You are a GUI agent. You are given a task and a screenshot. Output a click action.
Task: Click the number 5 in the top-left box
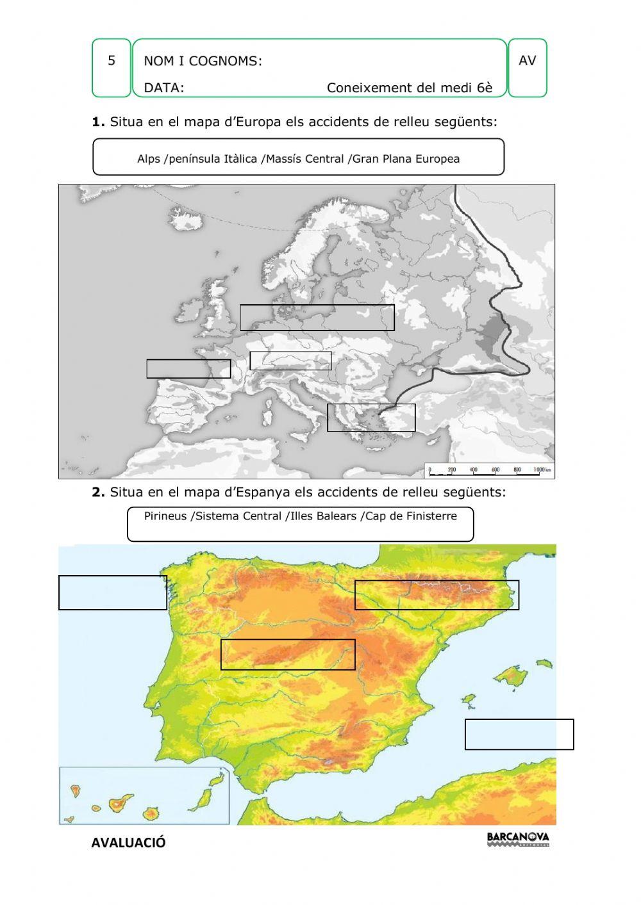(x=112, y=61)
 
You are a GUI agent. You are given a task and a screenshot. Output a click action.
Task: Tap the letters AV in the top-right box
(x=527, y=61)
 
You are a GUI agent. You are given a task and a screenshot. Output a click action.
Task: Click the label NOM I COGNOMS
(x=203, y=61)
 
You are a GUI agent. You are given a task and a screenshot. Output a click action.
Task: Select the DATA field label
(x=163, y=88)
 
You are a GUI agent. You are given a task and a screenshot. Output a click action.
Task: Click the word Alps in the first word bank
(x=149, y=159)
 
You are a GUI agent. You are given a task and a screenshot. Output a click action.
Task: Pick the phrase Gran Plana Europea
(x=406, y=159)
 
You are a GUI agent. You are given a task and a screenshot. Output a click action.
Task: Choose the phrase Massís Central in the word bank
(x=304, y=159)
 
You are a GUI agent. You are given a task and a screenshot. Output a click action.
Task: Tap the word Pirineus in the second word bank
(x=165, y=516)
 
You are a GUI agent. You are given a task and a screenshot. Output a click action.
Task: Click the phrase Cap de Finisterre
(x=411, y=516)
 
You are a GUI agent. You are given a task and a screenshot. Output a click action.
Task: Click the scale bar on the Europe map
(x=490, y=471)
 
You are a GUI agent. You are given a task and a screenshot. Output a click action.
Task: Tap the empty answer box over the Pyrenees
(x=437, y=595)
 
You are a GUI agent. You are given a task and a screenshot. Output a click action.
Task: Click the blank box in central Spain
(x=288, y=655)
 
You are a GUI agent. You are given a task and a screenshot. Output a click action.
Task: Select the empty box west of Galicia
(x=113, y=592)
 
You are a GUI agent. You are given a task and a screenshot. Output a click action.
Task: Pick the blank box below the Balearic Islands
(x=519, y=734)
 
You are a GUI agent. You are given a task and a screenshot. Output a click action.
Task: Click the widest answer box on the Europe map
(x=317, y=318)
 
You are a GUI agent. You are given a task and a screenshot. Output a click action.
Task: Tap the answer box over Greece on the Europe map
(x=371, y=418)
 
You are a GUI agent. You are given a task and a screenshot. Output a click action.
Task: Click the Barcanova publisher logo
(x=518, y=839)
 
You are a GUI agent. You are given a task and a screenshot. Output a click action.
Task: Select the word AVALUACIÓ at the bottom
(x=128, y=843)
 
